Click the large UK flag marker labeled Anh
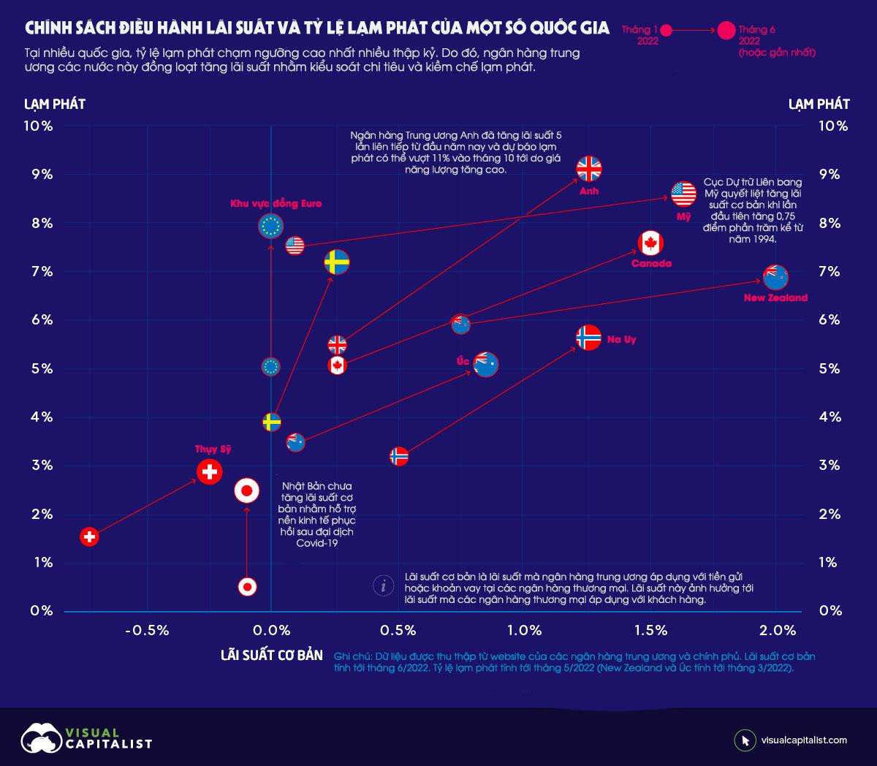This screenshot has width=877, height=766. [588, 170]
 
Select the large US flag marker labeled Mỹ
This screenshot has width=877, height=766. [684, 194]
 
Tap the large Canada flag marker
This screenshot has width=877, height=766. [650, 243]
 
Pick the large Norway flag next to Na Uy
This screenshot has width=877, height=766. [588, 338]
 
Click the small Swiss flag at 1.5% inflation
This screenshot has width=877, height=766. [89, 537]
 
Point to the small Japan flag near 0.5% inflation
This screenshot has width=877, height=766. [248, 586]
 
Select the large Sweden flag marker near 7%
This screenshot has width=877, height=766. [337, 262]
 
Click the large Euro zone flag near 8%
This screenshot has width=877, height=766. [270, 227]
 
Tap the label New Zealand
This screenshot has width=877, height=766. [775, 298]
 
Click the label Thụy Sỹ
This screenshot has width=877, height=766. [213, 450]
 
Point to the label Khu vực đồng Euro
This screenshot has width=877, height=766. [276, 204]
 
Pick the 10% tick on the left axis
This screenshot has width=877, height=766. [39, 126]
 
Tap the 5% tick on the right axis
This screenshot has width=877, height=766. [829, 369]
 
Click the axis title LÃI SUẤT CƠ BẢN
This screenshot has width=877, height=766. [271, 655]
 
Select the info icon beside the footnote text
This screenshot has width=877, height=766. [383, 586]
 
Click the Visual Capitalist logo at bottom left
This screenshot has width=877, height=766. [86, 738]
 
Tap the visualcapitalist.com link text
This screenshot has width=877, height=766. [804, 740]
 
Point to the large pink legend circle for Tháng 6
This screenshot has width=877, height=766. [726, 30]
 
